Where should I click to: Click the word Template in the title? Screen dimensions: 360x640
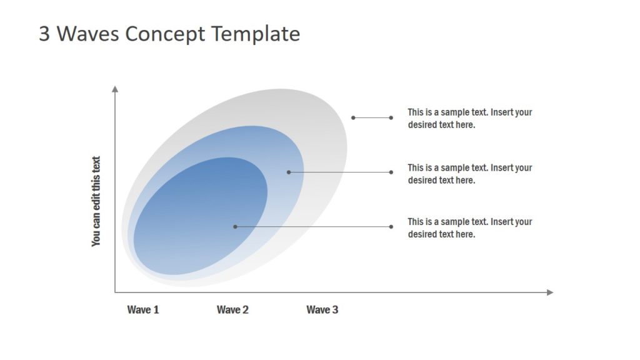tap(255, 34)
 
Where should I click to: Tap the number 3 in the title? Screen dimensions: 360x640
tap(44, 34)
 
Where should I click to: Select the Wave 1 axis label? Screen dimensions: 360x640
tap(143, 310)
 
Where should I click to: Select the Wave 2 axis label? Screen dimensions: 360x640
tap(232, 310)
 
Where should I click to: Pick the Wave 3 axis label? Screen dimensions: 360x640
tap(322, 310)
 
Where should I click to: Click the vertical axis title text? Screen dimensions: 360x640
tap(96, 201)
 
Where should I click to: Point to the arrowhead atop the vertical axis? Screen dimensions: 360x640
tap(115, 89)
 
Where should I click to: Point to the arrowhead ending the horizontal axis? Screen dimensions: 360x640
tap(550, 292)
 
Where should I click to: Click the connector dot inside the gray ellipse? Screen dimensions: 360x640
tap(353, 117)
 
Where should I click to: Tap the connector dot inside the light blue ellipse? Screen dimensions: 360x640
tap(288, 172)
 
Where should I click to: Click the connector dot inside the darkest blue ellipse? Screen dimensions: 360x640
tap(235, 226)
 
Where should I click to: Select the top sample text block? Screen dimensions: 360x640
tap(469, 118)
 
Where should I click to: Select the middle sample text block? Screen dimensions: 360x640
tap(469, 174)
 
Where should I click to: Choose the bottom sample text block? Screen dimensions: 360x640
tap(469, 227)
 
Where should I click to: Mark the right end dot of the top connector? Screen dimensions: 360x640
tap(391, 117)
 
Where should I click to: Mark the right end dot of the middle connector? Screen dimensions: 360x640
tap(391, 172)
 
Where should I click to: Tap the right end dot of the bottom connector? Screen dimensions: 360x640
tap(391, 226)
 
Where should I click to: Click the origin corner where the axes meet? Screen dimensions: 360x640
tap(115, 292)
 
